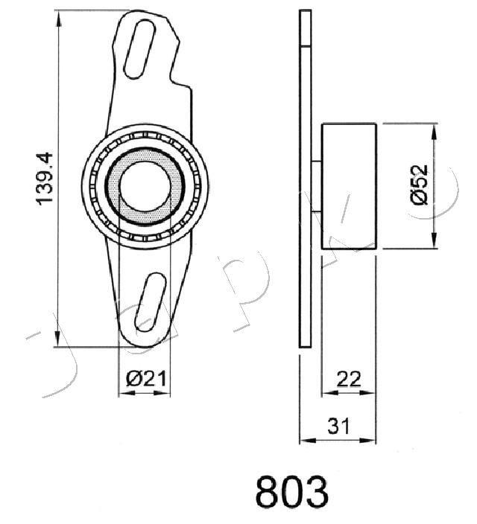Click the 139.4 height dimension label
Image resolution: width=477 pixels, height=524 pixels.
click(x=44, y=179)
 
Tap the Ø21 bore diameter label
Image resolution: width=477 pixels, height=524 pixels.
click(x=146, y=379)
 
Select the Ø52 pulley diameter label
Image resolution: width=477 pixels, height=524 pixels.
click(x=418, y=185)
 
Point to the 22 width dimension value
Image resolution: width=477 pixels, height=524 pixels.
click(x=349, y=379)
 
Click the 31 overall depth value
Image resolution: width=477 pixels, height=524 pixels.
click(x=338, y=426)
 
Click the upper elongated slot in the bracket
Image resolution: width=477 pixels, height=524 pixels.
click(x=139, y=49)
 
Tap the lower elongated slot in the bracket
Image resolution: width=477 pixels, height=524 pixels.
click(x=151, y=302)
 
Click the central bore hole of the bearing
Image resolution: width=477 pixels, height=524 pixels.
click(x=145, y=187)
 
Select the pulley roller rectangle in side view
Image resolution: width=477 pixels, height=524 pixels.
click(x=349, y=187)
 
